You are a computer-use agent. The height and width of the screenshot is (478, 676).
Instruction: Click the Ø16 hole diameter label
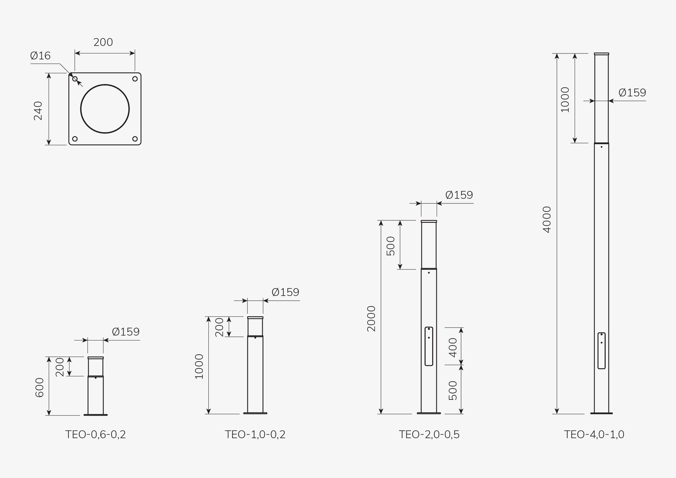pos(40,56)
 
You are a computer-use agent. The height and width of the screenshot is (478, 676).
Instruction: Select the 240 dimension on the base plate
pos(38,111)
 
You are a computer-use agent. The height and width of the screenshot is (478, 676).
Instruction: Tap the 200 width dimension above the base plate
pos(103,42)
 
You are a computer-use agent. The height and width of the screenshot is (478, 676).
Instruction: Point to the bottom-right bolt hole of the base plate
pos(135,139)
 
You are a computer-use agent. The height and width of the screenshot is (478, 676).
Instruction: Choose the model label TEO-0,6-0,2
pos(95,435)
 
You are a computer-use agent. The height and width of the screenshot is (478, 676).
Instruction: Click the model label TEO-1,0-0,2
pos(255,435)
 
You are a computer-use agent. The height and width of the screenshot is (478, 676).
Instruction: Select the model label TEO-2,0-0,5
pos(429,435)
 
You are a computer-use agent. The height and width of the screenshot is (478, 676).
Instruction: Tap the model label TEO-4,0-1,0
pos(594,435)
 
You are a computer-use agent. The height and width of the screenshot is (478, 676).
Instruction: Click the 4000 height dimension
pos(547,220)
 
